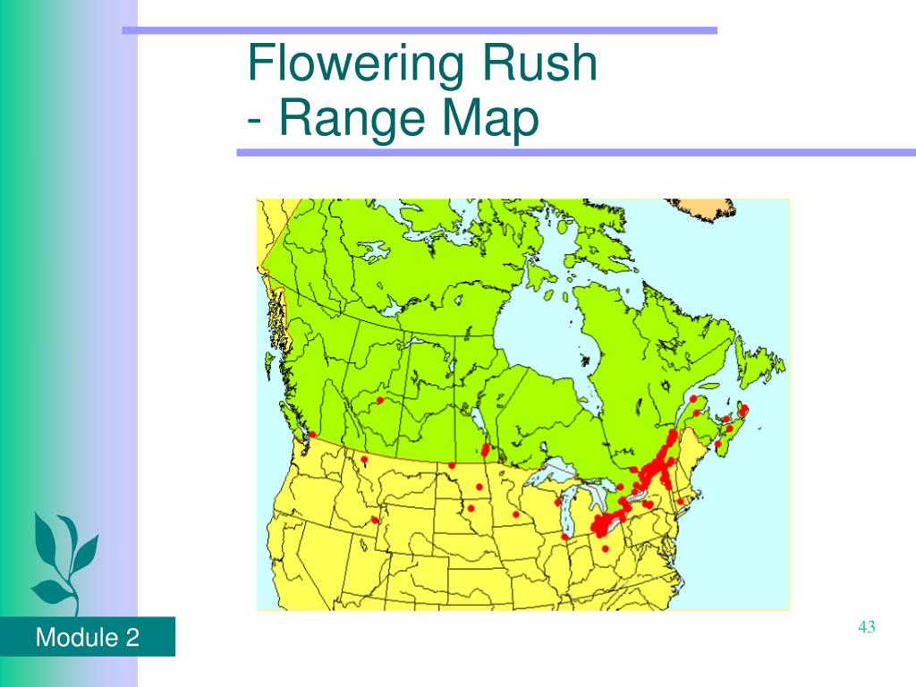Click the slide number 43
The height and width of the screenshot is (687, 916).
[865, 627]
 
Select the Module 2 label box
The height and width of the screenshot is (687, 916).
[87, 638]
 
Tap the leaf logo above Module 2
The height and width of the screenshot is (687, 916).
[62, 559]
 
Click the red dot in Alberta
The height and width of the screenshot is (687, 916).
[380, 400]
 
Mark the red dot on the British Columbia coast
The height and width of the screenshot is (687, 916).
[312, 436]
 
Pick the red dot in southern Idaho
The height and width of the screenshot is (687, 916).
[375, 521]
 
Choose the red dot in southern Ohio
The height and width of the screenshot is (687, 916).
[606, 548]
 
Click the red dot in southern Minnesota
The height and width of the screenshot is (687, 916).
[516, 514]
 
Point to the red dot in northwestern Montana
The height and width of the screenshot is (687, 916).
[364, 461]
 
